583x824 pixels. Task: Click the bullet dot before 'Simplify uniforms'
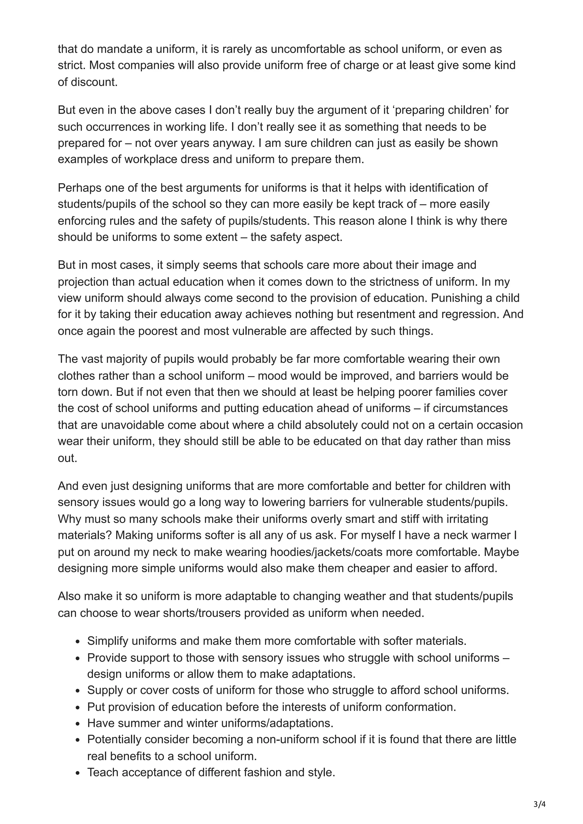(78, 642)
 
